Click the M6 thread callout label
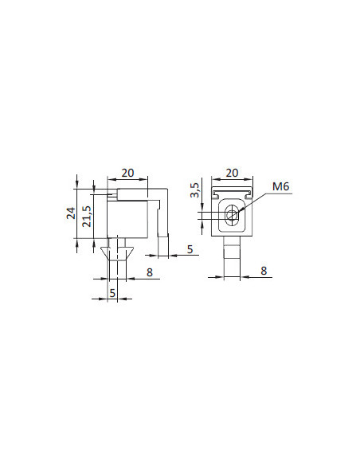point(280,186)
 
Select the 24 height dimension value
point(71,213)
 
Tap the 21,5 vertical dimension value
point(87,217)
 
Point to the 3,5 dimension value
point(195,190)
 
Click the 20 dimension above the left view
point(127,173)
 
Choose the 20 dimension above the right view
point(232,173)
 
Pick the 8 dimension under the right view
point(264,271)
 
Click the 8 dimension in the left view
point(150,272)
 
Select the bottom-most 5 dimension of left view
point(112,293)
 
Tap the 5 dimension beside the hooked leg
point(190,249)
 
